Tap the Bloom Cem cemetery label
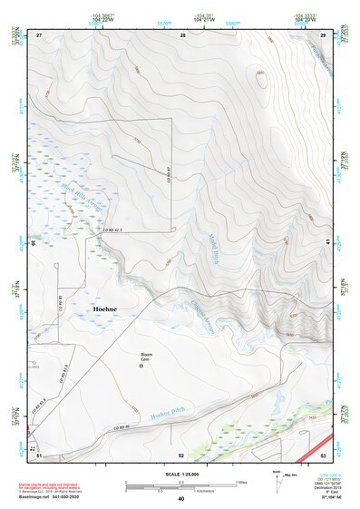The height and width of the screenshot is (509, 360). pyautogui.click(x=145, y=356)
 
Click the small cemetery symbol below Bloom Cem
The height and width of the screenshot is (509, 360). pyautogui.click(x=141, y=367)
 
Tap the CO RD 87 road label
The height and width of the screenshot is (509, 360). pyautogui.click(x=169, y=169)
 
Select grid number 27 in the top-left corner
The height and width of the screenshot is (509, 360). pyautogui.click(x=39, y=34)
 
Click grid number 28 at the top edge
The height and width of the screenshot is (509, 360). pyautogui.click(x=182, y=34)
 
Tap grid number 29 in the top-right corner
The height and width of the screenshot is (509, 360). pyautogui.click(x=323, y=34)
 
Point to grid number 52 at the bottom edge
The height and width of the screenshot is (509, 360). pyautogui.click(x=181, y=455)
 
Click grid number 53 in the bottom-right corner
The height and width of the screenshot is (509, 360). pyautogui.click(x=323, y=455)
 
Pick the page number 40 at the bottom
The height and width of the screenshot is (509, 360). pyautogui.click(x=180, y=499)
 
